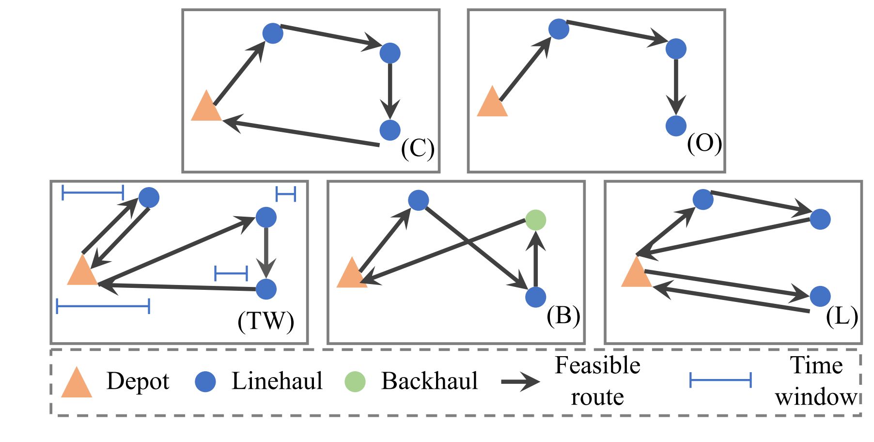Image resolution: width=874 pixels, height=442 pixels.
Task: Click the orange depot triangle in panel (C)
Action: pyautogui.click(x=206, y=108)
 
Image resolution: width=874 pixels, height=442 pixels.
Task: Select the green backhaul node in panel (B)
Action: pyautogui.click(x=535, y=220)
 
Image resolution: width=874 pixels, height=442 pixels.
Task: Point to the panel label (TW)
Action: pyautogui.click(x=265, y=321)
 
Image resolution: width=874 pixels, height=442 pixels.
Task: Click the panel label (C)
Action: pyautogui.click(x=418, y=149)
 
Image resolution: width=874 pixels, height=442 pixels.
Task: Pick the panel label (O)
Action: pyautogui.click(x=704, y=143)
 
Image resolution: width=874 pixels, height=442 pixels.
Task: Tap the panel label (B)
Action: pyautogui.click(x=563, y=316)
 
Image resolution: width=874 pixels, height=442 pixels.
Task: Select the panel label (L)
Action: pyautogui.click(x=842, y=317)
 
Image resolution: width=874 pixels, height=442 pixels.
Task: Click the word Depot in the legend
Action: pyautogui.click(x=138, y=381)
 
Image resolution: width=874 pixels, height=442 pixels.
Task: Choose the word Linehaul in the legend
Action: pyautogui.click(x=277, y=381)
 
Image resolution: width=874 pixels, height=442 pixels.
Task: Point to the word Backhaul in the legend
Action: pyautogui.click(x=429, y=381)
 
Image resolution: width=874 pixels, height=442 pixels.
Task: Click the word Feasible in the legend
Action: pyautogui.click(x=597, y=365)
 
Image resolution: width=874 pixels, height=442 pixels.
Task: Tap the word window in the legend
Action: pyautogui.click(x=816, y=397)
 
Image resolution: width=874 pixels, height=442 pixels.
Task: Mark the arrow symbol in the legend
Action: pyautogui.click(x=520, y=382)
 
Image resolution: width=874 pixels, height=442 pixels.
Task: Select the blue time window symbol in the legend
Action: pyautogui.click(x=720, y=380)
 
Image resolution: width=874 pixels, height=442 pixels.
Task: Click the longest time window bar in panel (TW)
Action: pyautogui.click(x=103, y=306)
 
